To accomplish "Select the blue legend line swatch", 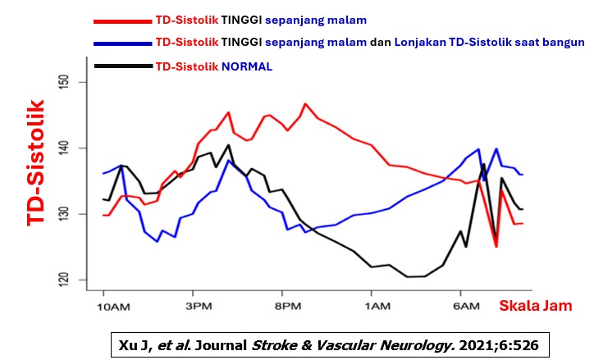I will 123,43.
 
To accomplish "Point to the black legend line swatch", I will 123,65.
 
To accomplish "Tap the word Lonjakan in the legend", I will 423,42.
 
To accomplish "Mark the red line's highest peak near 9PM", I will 305,104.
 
